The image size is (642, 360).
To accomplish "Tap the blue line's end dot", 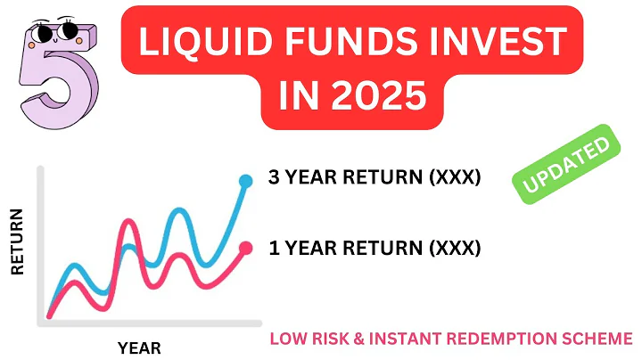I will (246, 182).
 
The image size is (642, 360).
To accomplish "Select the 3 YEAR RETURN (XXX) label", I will (374, 178).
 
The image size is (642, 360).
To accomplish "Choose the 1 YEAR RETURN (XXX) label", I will (374, 247).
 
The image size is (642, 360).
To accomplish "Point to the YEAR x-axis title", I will (139, 348).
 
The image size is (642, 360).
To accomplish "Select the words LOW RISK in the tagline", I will (309, 340).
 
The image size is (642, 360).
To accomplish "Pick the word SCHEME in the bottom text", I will (602, 340).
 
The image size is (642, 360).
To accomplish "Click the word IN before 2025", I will (300, 94).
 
